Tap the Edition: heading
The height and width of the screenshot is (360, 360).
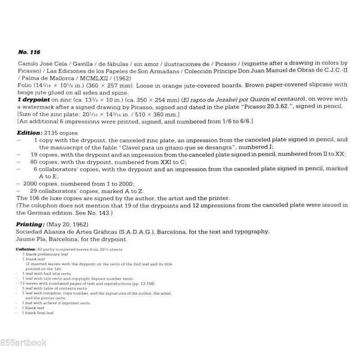point(30,131)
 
